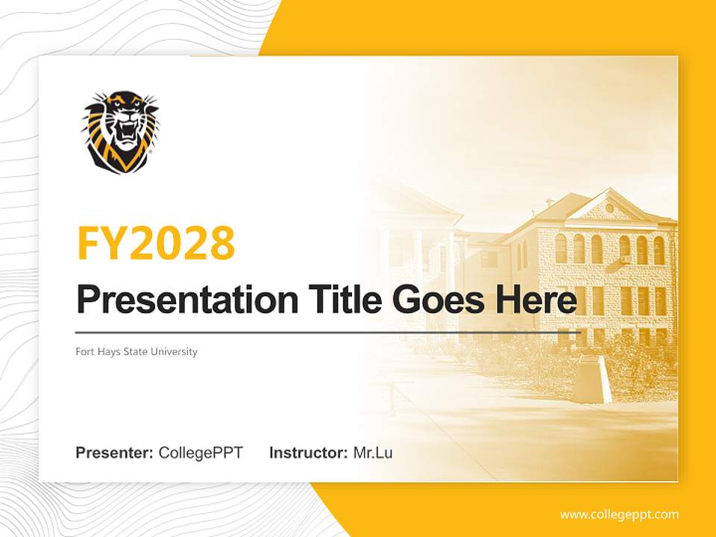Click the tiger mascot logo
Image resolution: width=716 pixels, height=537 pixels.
pyautogui.click(x=119, y=132)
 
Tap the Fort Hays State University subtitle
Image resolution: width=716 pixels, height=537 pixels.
pyautogui.click(x=136, y=351)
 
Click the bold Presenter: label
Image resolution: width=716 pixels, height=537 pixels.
pyautogui.click(x=115, y=453)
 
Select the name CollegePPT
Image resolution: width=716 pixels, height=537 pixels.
pyautogui.click(x=201, y=453)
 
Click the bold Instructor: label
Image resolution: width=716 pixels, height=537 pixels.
pyautogui.click(x=308, y=453)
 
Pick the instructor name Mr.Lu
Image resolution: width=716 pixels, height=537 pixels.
pyautogui.click(x=373, y=453)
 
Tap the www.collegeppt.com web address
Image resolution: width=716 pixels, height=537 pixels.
pyautogui.click(x=619, y=515)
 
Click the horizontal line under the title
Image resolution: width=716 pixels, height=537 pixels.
pyautogui.click(x=328, y=332)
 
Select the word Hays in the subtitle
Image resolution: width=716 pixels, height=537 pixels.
pyautogui.click(x=108, y=351)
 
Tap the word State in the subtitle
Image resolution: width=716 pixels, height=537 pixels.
pyautogui.click(x=137, y=351)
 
